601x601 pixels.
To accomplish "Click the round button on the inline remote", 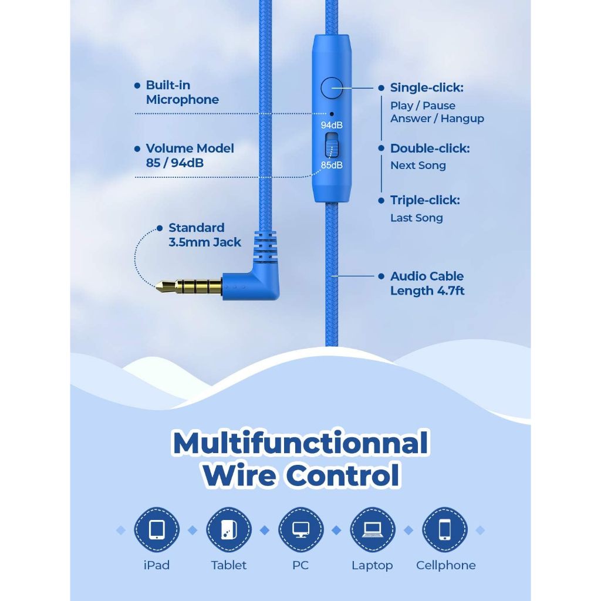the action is click(x=332, y=88).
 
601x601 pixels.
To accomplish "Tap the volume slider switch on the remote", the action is click(x=332, y=146).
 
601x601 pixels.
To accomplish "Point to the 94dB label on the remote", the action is click(x=332, y=125).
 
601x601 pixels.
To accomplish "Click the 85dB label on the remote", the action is click(x=332, y=165).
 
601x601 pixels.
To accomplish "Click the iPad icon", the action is click(x=157, y=530).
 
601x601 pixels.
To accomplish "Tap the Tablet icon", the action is click(x=229, y=530).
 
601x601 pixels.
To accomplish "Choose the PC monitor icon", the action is click(x=301, y=530).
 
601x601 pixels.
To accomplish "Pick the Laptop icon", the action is click(x=373, y=530).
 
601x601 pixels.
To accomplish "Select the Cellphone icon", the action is click(x=445, y=530).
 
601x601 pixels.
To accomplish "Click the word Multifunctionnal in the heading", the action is click(x=300, y=443).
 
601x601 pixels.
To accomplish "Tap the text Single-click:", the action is click(x=427, y=88).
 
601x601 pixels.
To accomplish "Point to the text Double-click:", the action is click(x=430, y=148).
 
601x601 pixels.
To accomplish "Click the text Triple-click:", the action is click(x=425, y=200).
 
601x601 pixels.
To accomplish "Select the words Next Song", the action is click(x=418, y=166).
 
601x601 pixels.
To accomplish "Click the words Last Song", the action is click(x=417, y=218).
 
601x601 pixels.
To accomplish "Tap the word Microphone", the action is click(x=183, y=100).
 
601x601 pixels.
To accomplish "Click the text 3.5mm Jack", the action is click(x=205, y=242).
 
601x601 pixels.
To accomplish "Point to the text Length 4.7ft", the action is click(x=427, y=291).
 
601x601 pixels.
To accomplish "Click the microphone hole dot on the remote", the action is click(x=332, y=114).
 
